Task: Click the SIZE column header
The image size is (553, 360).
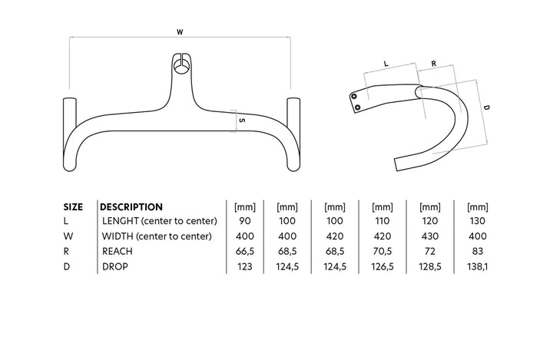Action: click(73, 206)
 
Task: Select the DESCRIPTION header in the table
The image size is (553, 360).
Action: click(132, 206)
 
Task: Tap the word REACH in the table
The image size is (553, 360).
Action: click(118, 251)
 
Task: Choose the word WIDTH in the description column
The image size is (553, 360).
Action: click(118, 236)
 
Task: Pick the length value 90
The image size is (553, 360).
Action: click(244, 221)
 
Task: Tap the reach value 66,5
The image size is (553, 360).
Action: click(244, 251)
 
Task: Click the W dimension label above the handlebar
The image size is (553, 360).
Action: click(179, 32)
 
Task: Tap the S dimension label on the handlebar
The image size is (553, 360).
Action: click(241, 121)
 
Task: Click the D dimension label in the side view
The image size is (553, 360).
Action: click(486, 109)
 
